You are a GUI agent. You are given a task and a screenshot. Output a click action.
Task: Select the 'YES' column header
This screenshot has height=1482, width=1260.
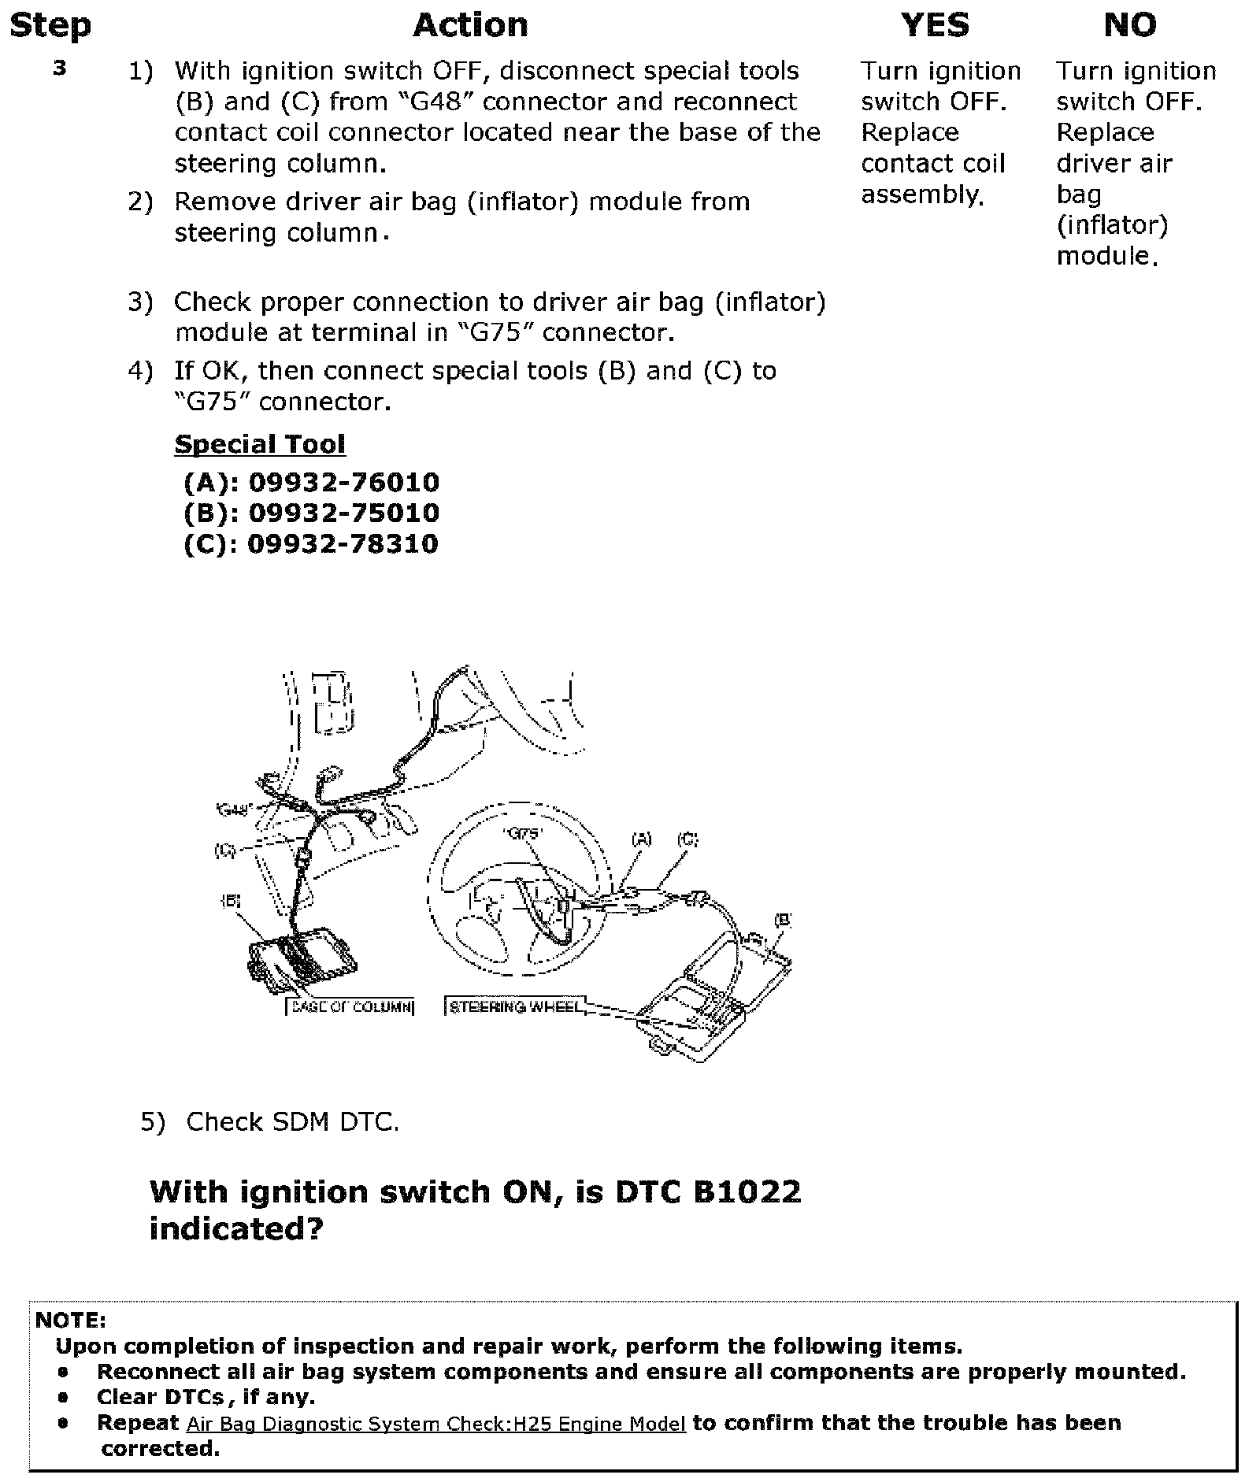coord(935,25)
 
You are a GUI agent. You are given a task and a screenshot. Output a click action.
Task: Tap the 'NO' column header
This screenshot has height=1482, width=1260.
coord(1130,25)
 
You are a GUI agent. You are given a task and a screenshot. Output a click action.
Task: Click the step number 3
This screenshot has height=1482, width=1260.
coord(60,69)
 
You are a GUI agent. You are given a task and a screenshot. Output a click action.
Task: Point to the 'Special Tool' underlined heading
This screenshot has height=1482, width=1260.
coord(260,444)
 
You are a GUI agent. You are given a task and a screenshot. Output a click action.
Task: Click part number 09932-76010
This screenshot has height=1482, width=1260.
coord(343,482)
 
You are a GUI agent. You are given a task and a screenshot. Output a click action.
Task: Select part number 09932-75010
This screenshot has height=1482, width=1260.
coord(343,513)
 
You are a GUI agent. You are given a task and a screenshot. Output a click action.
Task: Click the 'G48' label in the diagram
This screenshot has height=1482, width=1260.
coord(233,809)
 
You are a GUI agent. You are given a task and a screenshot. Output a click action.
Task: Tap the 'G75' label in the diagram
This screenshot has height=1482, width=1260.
coord(524,833)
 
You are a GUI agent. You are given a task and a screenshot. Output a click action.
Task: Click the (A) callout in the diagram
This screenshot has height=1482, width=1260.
coord(642,839)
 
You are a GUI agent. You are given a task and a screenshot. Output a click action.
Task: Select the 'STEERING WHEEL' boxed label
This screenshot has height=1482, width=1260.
coord(516,1006)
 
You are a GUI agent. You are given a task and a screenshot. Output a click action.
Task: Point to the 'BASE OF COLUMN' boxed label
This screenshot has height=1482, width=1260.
coord(350,1006)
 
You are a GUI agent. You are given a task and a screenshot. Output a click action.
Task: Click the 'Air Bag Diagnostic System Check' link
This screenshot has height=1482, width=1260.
coord(436,1424)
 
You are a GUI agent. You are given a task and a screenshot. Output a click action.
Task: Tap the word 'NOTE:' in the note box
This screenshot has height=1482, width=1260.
coord(71,1321)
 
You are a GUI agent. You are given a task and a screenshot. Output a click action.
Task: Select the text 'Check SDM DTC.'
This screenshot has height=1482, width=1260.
coord(292,1121)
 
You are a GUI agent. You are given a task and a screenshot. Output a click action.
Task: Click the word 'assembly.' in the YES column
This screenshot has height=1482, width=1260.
coord(922,194)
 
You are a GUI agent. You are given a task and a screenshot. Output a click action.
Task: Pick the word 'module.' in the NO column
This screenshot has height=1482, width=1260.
coord(1106,255)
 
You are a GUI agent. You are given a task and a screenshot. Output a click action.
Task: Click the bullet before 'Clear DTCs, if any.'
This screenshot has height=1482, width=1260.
coord(63,1398)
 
